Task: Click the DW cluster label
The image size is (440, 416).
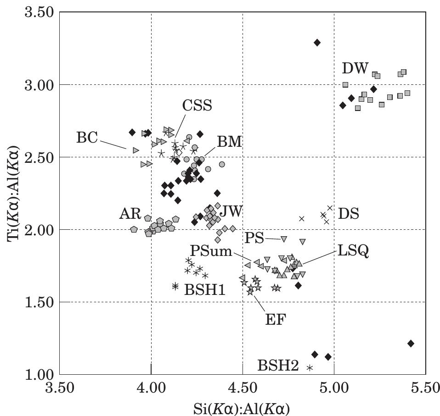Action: coord(355,69)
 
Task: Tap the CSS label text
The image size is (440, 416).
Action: coord(197,105)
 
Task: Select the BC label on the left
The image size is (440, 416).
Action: coord(87,138)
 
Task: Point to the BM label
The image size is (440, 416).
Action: coord(229,142)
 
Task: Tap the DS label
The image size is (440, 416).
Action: coord(348,213)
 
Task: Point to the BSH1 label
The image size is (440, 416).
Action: coord(205,289)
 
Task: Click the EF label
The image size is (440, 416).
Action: coord(276,319)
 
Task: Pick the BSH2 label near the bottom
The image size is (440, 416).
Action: coord(278,366)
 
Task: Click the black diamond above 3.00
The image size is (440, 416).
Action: coord(317,43)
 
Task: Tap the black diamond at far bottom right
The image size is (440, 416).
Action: coord(411,343)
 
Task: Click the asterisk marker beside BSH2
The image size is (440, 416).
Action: coord(310,368)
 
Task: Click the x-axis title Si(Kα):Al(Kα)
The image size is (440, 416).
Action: coord(242,407)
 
